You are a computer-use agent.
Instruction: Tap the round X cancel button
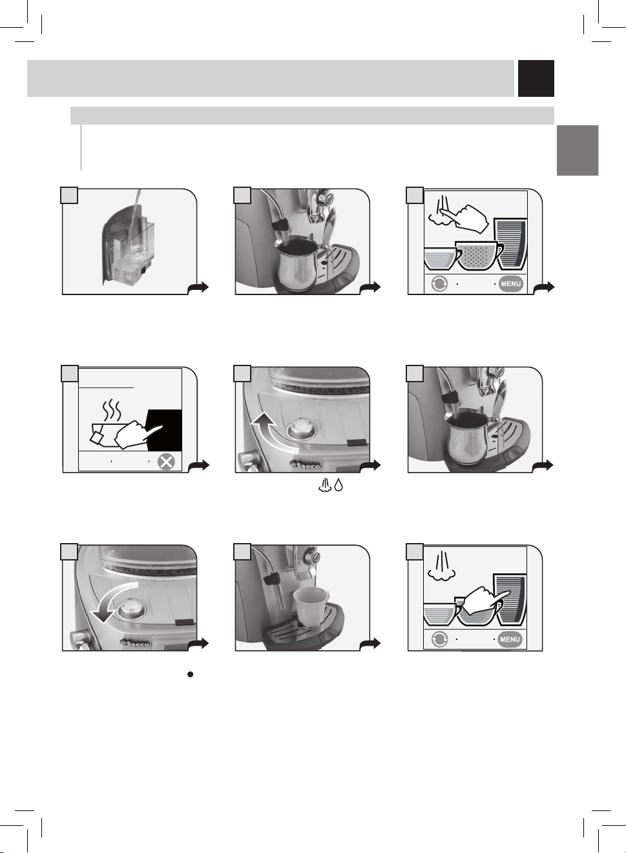(167, 462)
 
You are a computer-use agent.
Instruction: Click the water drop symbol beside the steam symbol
(338, 485)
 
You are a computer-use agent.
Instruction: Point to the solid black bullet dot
(191, 674)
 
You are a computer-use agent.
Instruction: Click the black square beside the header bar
(536, 78)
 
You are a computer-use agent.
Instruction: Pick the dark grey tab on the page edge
(578, 150)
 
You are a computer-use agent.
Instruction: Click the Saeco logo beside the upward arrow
(305, 466)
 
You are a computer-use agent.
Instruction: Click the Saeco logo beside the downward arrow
(134, 644)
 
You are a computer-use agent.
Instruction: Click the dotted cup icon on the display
(479, 256)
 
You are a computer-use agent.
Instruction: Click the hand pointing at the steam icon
(467, 219)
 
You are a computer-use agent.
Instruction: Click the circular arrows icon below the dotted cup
(439, 284)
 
